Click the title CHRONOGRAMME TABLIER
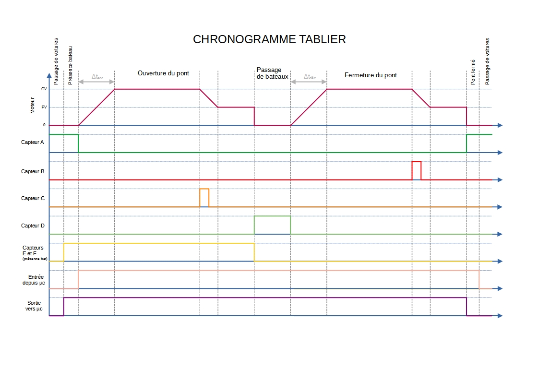point(269,39)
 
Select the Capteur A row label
point(33,143)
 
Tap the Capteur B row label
point(33,171)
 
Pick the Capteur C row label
point(33,198)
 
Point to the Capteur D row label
point(33,226)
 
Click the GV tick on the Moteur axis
point(44,89)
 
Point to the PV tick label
point(44,107)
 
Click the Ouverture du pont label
point(163,73)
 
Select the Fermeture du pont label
point(371,75)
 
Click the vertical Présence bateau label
point(71,65)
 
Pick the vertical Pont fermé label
point(473,72)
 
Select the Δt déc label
point(309,77)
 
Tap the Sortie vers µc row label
point(34,306)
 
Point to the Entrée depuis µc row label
point(34,280)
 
